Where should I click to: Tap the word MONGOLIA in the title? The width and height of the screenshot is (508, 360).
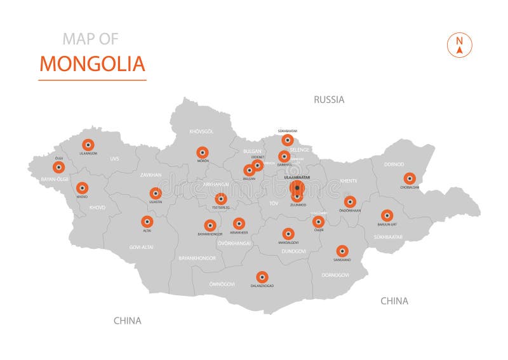point(92,63)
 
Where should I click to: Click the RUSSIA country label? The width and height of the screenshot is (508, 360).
point(329,100)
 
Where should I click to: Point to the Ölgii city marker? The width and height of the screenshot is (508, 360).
point(59,167)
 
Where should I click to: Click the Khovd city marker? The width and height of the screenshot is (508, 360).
point(82,188)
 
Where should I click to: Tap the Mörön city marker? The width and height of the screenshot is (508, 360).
point(202,152)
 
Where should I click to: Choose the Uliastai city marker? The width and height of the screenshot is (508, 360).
point(155,193)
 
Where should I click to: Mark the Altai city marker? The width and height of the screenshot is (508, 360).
point(147,222)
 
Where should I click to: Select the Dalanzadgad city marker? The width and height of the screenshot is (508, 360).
point(262,277)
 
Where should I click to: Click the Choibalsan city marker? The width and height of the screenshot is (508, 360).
point(410,178)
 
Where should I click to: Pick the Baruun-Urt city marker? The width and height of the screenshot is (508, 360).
point(387,215)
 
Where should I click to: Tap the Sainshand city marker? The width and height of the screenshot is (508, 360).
point(342,251)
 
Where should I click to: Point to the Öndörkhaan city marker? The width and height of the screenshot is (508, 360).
point(349,202)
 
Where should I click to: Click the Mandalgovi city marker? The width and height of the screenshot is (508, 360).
point(288,234)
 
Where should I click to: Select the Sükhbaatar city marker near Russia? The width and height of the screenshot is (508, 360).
point(288,140)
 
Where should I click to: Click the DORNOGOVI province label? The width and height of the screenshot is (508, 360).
point(335,275)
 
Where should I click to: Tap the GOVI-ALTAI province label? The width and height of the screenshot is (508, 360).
point(140,246)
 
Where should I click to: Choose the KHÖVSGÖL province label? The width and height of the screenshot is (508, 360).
point(201,131)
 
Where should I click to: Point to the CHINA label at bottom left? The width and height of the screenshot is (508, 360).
point(127,321)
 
